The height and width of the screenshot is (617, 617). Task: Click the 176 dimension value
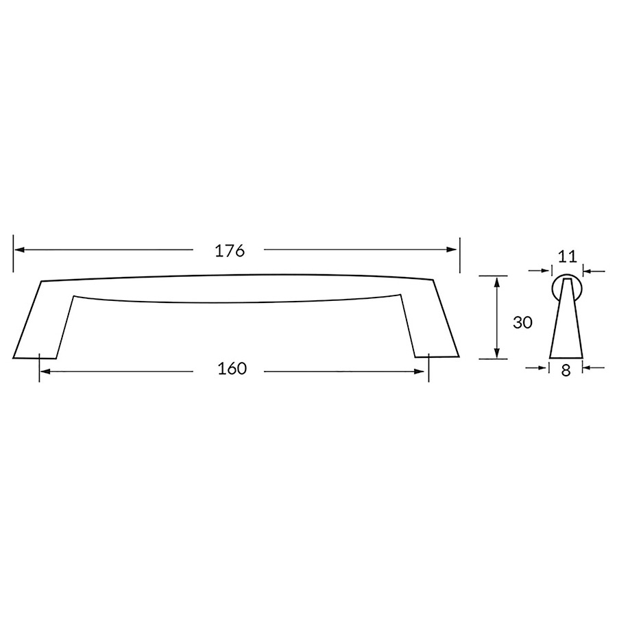(x=230, y=251)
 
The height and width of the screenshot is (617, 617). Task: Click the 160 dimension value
(x=232, y=369)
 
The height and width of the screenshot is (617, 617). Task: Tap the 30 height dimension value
(x=522, y=323)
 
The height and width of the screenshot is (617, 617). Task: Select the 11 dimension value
(x=568, y=256)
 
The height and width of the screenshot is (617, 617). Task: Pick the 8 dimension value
(x=566, y=371)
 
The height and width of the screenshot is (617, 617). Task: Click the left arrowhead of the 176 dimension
(x=20, y=250)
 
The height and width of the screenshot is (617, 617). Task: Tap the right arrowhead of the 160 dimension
(x=419, y=372)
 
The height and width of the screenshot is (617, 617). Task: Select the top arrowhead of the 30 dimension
(x=497, y=282)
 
